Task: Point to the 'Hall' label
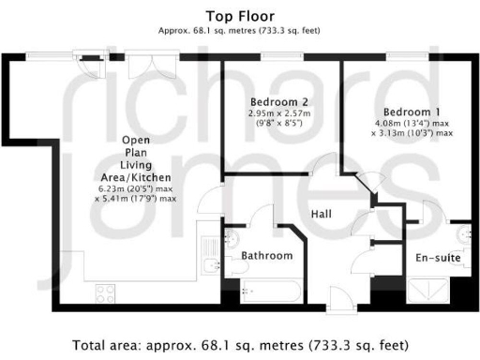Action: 322,215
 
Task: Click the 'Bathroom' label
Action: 266,255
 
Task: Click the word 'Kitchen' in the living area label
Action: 151,177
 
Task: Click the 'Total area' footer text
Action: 240,344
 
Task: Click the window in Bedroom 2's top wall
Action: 273,57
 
